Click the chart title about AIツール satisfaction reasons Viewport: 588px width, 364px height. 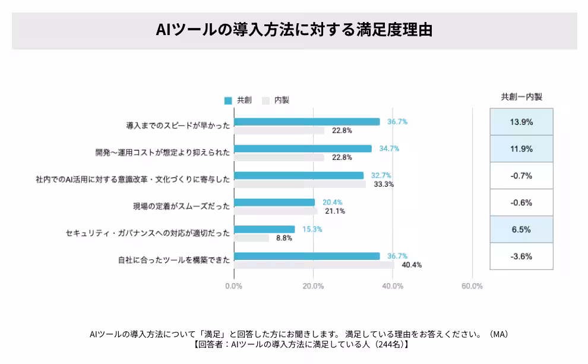click(x=294, y=30)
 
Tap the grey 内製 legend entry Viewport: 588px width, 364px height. click(x=276, y=101)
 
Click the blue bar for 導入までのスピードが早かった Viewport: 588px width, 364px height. click(x=306, y=121)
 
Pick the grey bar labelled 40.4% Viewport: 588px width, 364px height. click(x=314, y=265)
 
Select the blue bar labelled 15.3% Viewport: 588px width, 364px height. click(x=264, y=229)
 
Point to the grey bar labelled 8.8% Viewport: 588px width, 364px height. click(x=251, y=238)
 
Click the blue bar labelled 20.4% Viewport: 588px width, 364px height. click(x=274, y=202)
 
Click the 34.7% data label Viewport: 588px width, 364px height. click(x=389, y=149)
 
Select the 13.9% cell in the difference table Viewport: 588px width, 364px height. click(x=521, y=122)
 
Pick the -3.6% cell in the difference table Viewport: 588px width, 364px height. click(x=521, y=256)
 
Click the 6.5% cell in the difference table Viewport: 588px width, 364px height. click(x=521, y=230)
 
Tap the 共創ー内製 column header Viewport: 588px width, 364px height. click(x=521, y=96)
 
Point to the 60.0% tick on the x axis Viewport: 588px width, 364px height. click(x=472, y=286)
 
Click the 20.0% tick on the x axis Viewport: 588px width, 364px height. click(x=313, y=286)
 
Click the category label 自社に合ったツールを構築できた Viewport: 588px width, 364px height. click(x=173, y=261)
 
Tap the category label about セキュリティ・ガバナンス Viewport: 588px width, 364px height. click(x=147, y=234)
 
